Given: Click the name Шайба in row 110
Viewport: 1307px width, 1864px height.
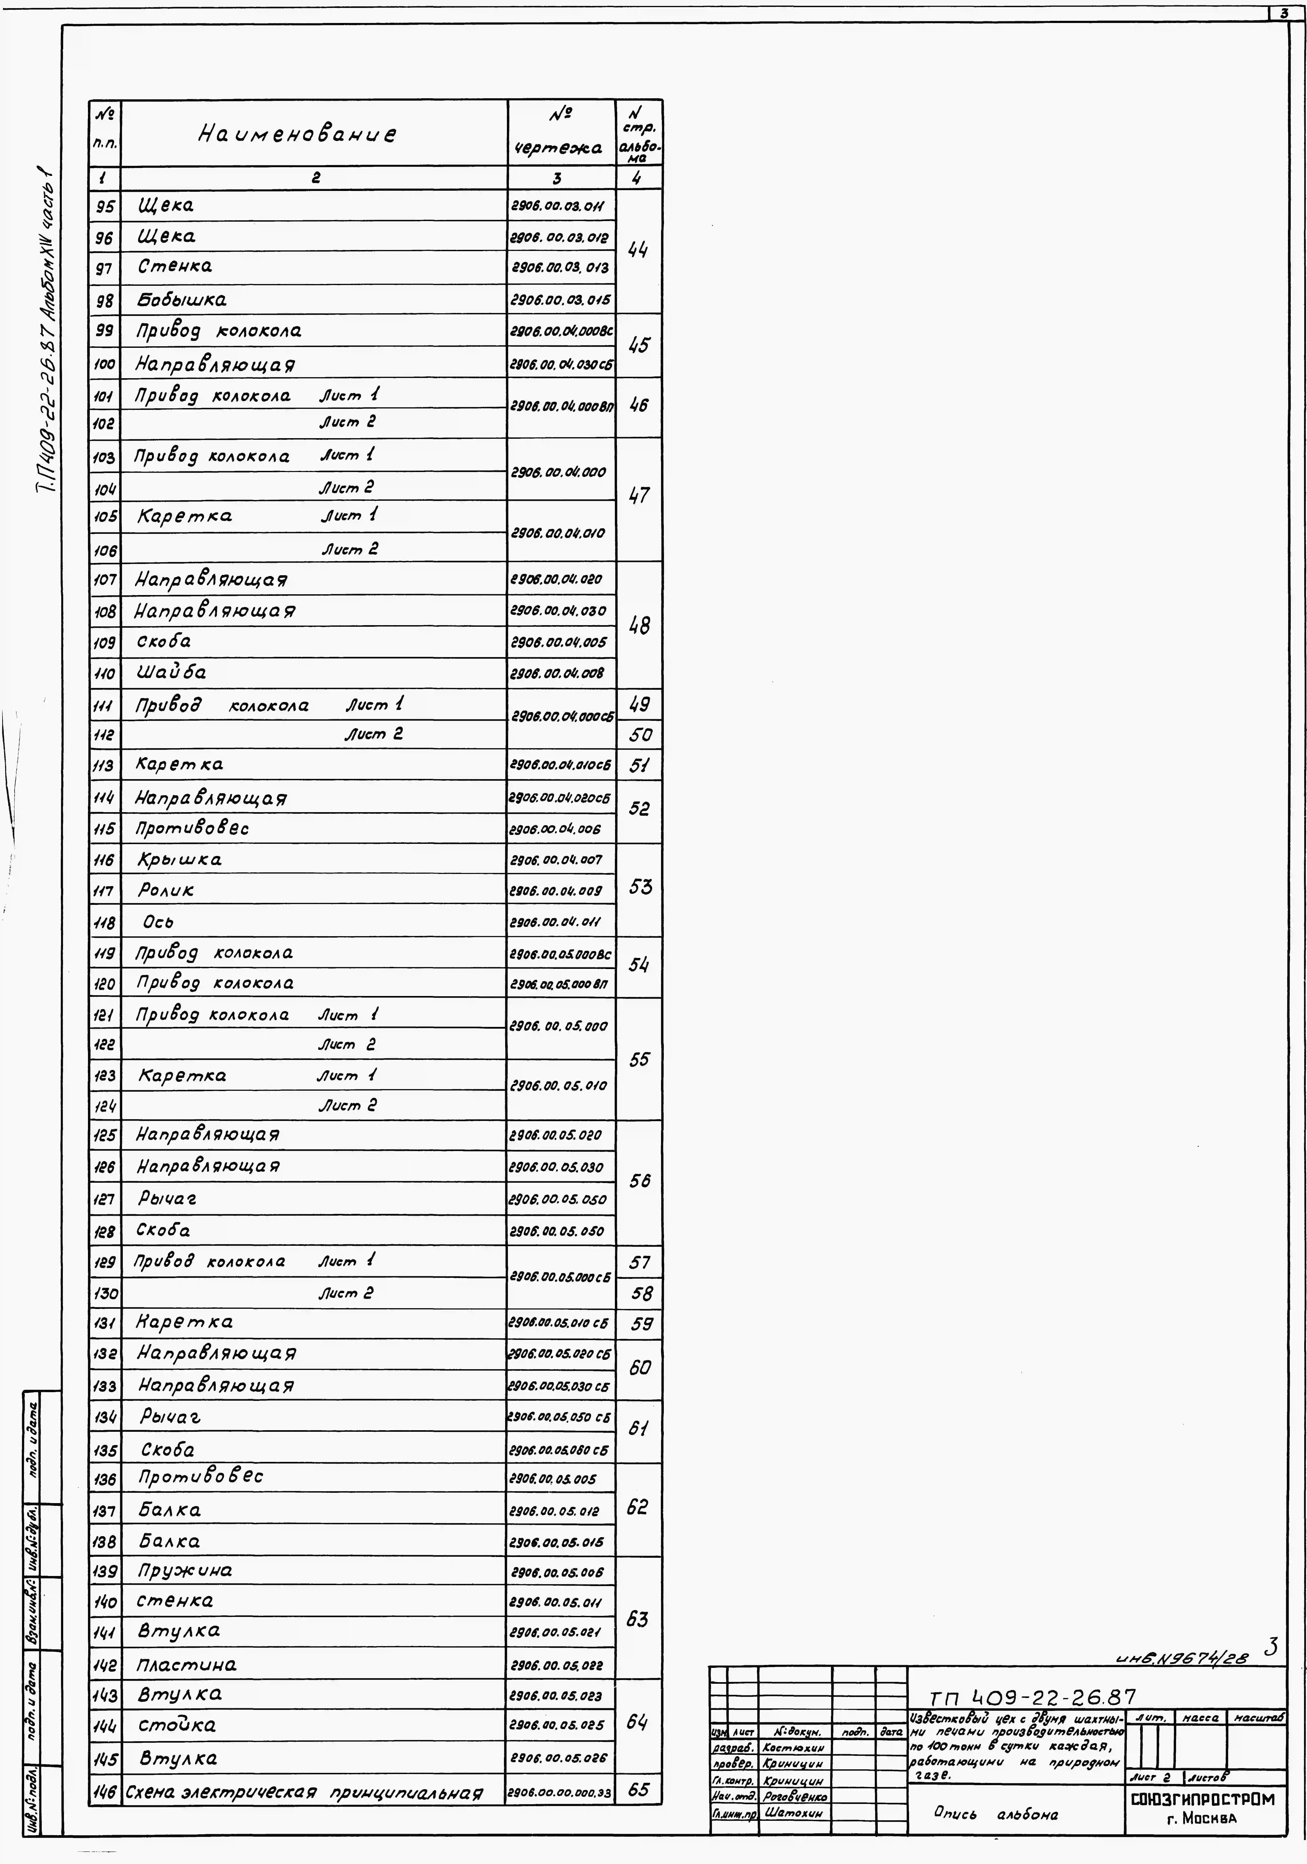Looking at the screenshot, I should pos(171,672).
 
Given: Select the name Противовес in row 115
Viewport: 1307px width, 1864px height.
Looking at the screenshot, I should pos(192,828).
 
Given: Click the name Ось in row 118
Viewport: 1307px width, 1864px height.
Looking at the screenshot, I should pos(157,922).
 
